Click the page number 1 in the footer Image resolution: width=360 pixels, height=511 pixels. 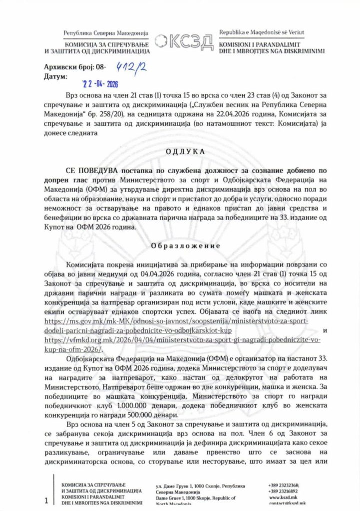[x=46, y=500]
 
